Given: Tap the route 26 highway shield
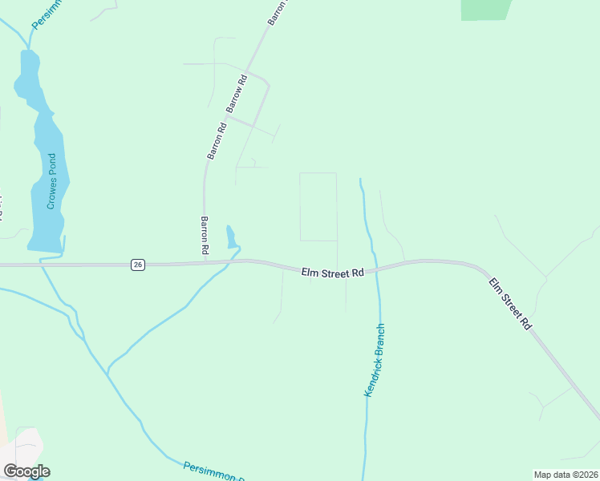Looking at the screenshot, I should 138,265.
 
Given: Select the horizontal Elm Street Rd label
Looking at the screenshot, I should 333,273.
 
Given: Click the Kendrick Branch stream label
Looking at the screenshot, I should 375,360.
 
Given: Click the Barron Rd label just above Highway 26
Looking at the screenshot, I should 205,236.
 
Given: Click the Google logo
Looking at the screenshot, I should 26,471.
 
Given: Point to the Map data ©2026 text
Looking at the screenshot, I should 566,475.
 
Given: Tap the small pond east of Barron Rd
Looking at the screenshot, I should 231,238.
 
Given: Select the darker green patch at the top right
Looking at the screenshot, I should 485,9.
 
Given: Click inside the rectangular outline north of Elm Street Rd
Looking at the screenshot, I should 318,207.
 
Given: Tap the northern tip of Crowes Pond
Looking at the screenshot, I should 28,53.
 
